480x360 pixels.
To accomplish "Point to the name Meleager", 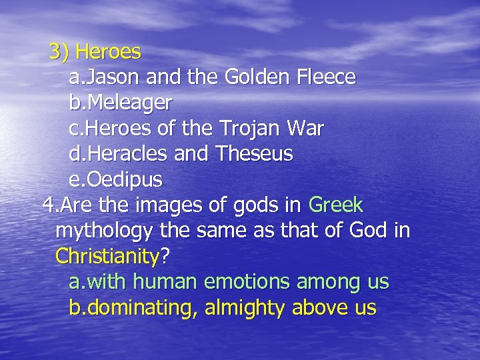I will point(128,103).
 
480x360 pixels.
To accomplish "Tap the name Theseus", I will point(254,155).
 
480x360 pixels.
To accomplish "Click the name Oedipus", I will point(123,180).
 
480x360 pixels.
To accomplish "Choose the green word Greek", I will point(336,205).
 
